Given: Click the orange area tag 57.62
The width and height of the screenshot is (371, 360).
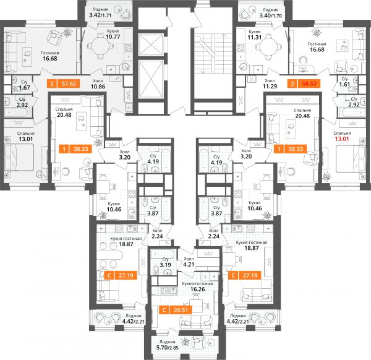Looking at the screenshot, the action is tap(69, 84).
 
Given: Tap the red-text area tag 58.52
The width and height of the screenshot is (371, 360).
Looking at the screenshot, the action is tap(309, 84).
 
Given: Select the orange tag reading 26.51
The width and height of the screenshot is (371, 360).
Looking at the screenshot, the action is tap(181, 310).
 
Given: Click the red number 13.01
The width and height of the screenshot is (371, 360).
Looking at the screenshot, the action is tap(342, 139).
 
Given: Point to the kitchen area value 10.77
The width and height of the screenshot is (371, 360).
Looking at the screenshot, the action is tap(113, 36).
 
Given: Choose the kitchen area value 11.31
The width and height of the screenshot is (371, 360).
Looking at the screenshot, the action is tap(255, 37).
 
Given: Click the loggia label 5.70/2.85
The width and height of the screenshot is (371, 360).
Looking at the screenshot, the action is tap(168, 348).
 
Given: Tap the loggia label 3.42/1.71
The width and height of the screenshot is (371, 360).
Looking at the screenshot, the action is tap(100, 15).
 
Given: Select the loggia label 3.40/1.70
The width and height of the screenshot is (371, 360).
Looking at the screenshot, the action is tap(271, 16).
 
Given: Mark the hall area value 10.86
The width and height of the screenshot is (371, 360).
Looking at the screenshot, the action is tap(98, 87).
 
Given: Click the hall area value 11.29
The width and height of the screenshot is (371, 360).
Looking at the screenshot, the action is tap(270, 87).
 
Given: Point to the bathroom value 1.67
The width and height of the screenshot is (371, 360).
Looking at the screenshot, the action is tap(24, 88).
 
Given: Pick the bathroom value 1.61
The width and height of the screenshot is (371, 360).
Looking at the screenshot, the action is tap(344, 85).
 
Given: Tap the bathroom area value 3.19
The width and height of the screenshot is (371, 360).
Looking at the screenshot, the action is tap(165, 265).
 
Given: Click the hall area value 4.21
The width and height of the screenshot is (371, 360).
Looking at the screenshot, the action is tap(189, 264).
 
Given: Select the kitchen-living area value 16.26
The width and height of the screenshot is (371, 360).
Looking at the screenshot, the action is tap(198, 289).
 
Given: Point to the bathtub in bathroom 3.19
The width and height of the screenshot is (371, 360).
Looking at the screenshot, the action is tap(163, 254).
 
